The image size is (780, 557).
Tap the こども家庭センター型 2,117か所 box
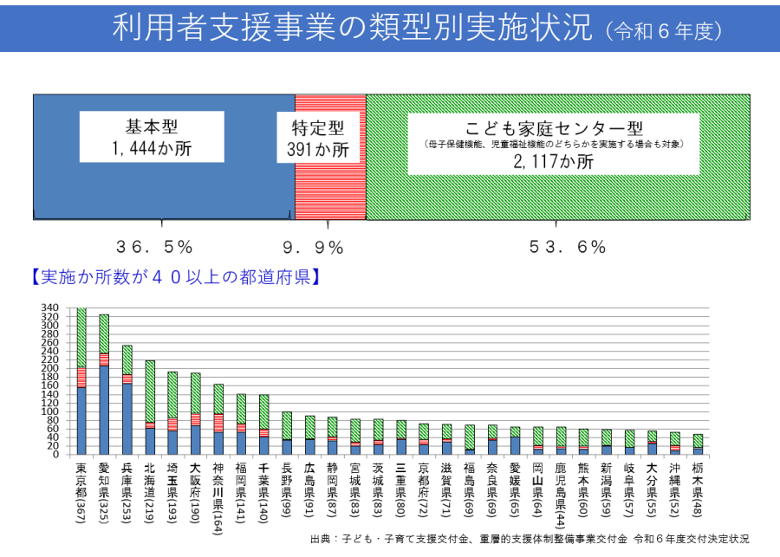(553, 143)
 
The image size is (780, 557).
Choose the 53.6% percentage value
(568, 247)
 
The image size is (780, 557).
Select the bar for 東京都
(81, 381)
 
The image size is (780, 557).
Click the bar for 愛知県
(104, 385)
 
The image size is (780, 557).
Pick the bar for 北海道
(150, 407)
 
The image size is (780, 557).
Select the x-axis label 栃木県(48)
(697, 489)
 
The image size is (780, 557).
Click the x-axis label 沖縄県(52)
(674, 489)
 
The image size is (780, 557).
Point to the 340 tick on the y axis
(50, 308)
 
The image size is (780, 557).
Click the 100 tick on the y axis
(50, 411)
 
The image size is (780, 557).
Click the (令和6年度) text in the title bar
(664, 31)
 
